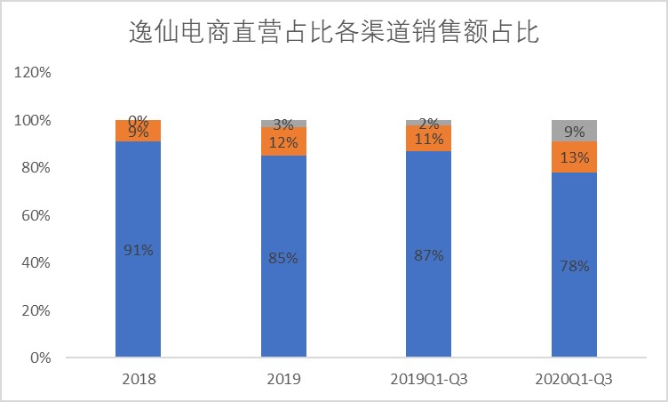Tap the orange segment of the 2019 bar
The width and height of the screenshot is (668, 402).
pyautogui.click(x=283, y=141)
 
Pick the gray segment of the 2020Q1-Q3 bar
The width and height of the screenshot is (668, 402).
pyautogui.click(x=574, y=130)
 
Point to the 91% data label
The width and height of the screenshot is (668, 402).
pyautogui.click(x=138, y=251)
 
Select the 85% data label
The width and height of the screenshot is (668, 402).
pyautogui.click(x=283, y=258)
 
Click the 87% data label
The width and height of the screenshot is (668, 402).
pyautogui.click(x=428, y=255)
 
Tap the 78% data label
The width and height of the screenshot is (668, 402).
pyautogui.click(x=574, y=266)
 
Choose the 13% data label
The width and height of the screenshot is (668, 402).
pyautogui.click(x=574, y=157)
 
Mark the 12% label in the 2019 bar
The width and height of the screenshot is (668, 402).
pyautogui.click(x=283, y=142)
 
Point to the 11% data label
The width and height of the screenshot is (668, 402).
pyautogui.click(x=428, y=139)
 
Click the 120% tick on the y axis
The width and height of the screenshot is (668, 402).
pyautogui.click(x=35, y=72)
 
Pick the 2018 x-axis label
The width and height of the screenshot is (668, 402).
pyautogui.click(x=138, y=379)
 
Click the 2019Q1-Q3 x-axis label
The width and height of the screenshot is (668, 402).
pyautogui.click(x=428, y=379)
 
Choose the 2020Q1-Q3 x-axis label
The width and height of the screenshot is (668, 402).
pyautogui.click(x=574, y=379)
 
